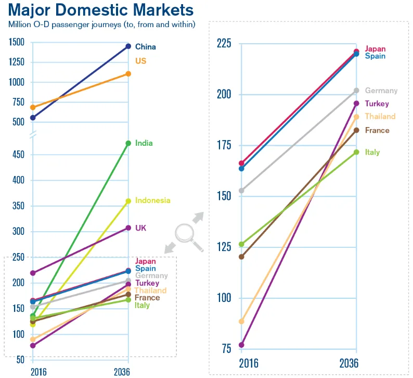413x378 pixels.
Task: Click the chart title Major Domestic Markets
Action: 101,10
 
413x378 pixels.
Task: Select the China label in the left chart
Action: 145,47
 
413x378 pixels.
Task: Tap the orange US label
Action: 140,61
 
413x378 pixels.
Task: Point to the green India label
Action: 144,143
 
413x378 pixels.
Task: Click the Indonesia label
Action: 152,200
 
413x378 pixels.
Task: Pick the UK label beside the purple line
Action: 141,228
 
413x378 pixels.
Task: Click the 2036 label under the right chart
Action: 349,363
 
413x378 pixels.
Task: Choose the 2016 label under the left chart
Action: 39,371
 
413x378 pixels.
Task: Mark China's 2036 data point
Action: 128,46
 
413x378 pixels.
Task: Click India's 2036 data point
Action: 128,143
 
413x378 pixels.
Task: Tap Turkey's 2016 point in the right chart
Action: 241,345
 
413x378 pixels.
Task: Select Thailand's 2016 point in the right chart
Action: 241,322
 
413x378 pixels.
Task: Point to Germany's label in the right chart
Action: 381,91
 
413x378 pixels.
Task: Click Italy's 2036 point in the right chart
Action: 356,152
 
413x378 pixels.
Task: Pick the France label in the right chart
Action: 377,130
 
